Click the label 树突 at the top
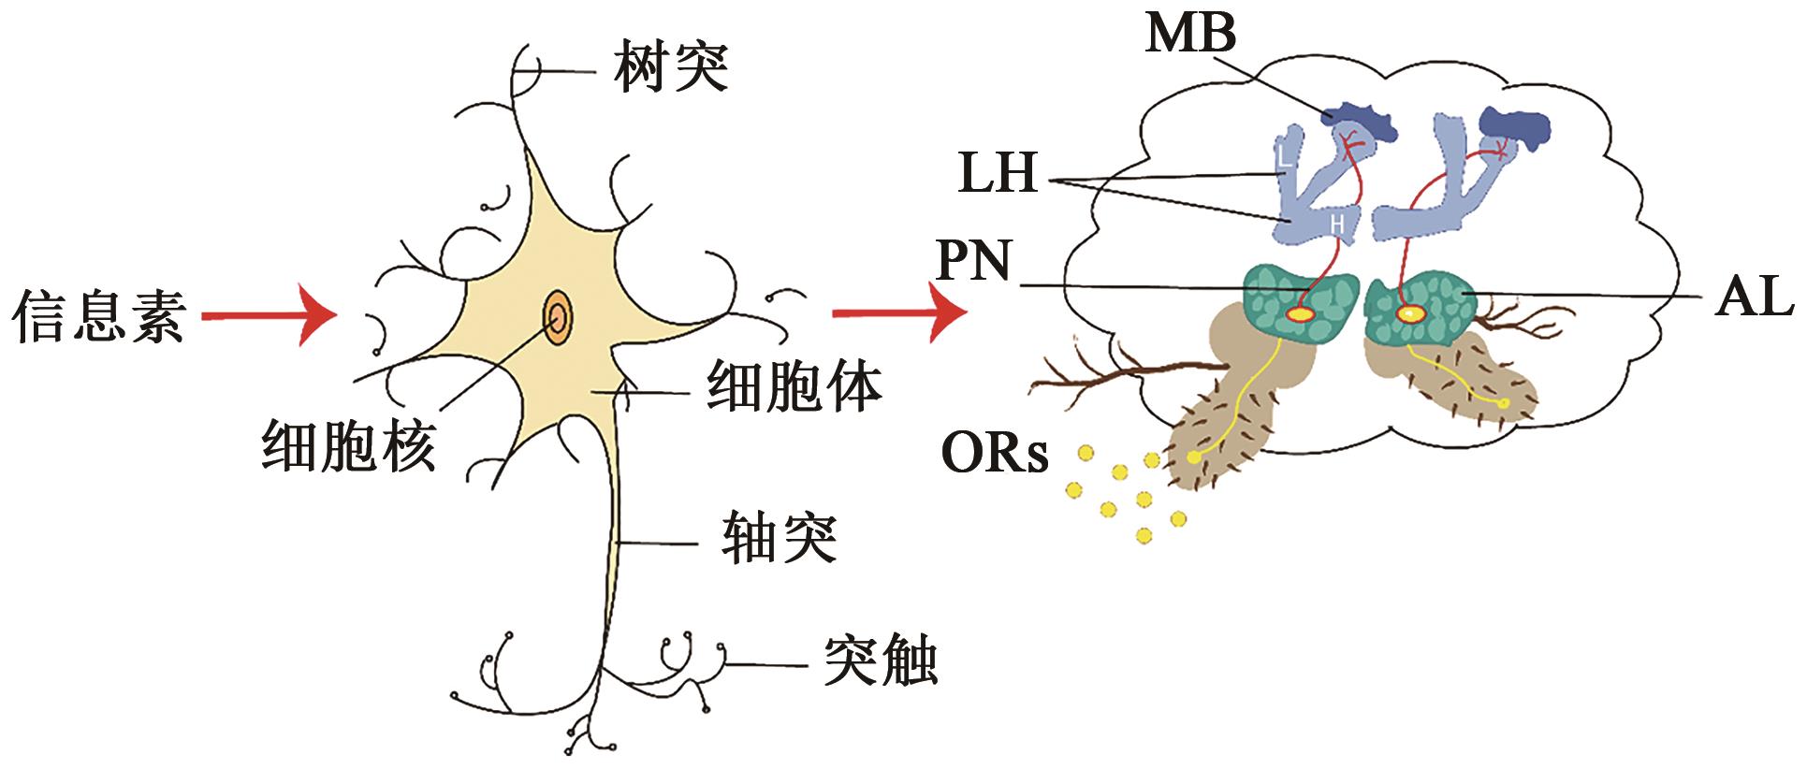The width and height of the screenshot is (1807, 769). tap(671, 67)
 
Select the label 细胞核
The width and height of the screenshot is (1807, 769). tap(348, 443)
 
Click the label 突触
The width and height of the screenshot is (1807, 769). tap(880, 662)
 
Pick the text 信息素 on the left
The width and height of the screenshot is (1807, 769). tap(98, 315)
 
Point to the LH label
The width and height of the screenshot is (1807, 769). tap(998, 175)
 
